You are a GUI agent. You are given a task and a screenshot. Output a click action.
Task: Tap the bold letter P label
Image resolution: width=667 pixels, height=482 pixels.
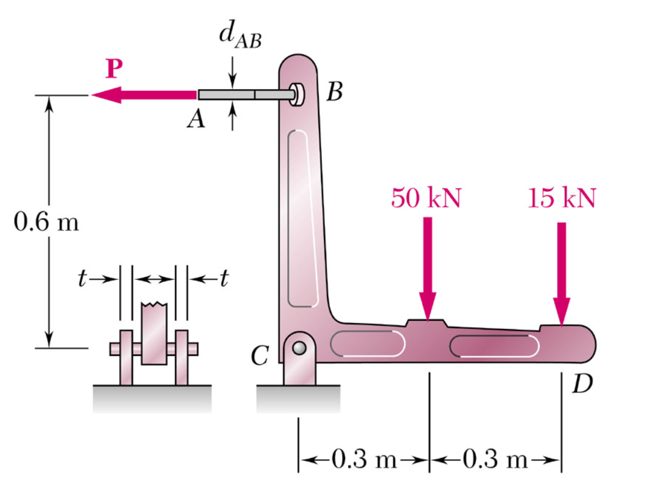tap(115, 69)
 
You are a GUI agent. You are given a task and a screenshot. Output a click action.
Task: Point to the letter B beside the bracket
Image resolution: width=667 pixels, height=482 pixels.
tap(335, 93)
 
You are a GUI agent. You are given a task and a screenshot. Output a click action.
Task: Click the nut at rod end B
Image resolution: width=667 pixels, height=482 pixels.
tap(297, 94)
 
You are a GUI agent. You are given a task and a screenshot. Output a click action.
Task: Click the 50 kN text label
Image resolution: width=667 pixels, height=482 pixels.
tap(426, 198)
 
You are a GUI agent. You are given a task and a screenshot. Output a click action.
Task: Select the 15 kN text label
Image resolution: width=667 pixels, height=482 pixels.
tap(561, 198)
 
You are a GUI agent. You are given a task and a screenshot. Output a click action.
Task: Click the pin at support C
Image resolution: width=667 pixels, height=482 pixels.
tap(299, 348)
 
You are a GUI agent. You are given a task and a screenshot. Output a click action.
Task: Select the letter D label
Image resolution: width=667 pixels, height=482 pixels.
tap(582, 383)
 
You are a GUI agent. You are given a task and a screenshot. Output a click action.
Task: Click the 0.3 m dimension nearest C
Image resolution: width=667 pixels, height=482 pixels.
tap(363, 459)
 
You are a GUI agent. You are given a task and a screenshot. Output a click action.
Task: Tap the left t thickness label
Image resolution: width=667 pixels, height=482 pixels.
tap(82, 279)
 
